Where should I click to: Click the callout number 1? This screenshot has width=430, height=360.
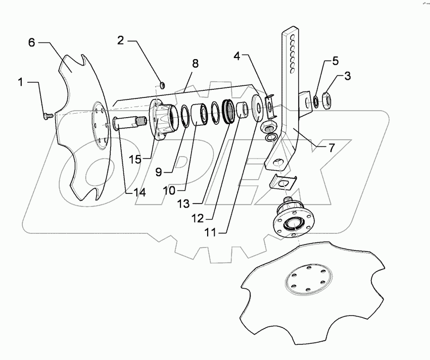click(21, 82)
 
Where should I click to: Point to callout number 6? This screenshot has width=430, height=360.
click(31, 43)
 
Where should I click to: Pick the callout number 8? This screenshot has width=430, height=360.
click(195, 64)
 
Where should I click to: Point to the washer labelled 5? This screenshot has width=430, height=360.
click(316, 101)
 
